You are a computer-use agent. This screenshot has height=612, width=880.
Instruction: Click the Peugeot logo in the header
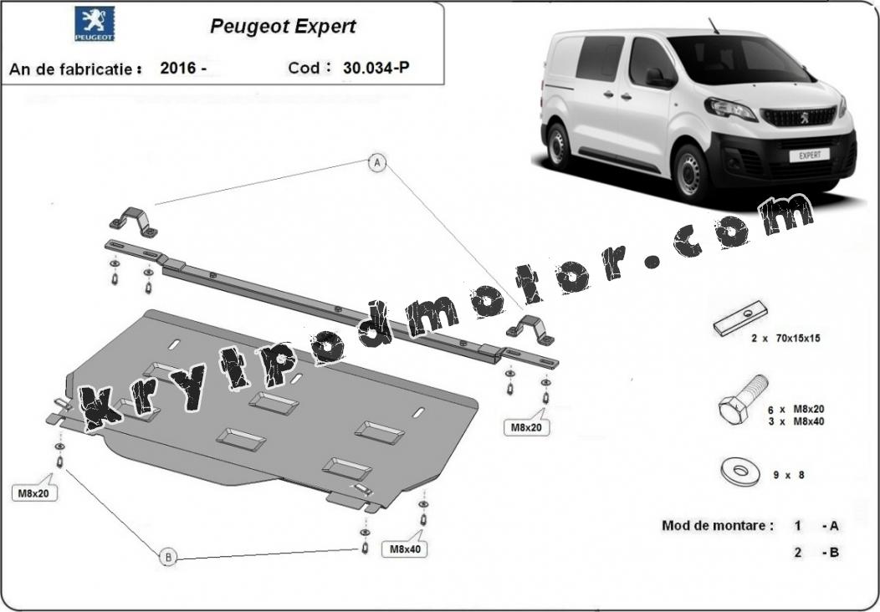click(95, 24)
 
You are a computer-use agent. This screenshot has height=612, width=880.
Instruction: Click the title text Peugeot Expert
click(283, 26)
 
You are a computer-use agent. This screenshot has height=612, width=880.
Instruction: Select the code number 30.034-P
click(376, 68)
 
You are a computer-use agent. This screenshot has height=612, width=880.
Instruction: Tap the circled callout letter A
click(378, 164)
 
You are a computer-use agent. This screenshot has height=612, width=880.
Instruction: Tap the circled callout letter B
click(168, 557)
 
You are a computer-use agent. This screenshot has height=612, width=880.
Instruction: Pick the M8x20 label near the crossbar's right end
click(526, 427)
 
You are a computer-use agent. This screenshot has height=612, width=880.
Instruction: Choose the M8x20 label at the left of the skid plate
click(34, 493)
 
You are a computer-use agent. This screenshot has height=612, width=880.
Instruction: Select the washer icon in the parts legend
click(740, 472)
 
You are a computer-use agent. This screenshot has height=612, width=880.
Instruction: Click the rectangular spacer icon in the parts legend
click(739, 318)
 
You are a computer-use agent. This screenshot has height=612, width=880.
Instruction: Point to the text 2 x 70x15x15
click(786, 339)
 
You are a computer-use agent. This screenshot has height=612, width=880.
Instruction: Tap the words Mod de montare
click(717, 526)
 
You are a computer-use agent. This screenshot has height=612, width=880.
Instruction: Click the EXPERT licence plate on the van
click(809, 155)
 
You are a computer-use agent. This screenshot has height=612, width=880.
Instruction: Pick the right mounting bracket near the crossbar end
click(530, 330)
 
